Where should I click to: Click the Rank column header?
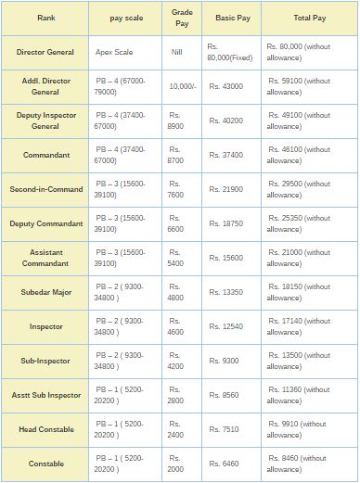pos(45,18)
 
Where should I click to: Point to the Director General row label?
pos(45,52)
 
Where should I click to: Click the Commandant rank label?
pos(45,155)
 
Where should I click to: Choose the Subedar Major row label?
pos(45,292)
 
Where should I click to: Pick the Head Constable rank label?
pos(45,428)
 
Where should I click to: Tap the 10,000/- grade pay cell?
pos(182,86)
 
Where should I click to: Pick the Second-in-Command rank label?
pos(45,189)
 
